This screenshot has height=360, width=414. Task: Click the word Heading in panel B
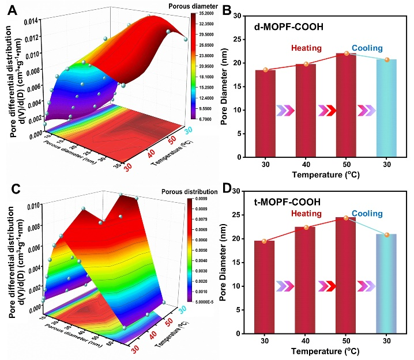coord(305,49)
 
